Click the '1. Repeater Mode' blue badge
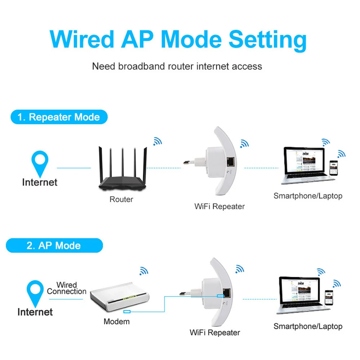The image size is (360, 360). pyautogui.click(x=59, y=117)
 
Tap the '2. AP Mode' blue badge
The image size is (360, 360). pyautogui.click(x=54, y=246)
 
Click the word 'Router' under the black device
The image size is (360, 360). pyautogui.click(x=121, y=199)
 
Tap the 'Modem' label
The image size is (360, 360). pyautogui.click(x=116, y=321)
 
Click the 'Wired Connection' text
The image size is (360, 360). pyautogui.click(x=67, y=288)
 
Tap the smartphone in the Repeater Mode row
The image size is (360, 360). pyautogui.click(x=334, y=167)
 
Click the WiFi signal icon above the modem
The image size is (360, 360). pyautogui.click(x=144, y=271)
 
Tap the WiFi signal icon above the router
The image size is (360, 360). pyautogui.click(x=157, y=141)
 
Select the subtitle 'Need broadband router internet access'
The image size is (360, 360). pyautogui.click(x=177, y=66)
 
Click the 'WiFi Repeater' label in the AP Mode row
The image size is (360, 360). pyautogui.click(x=215, y=332)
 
